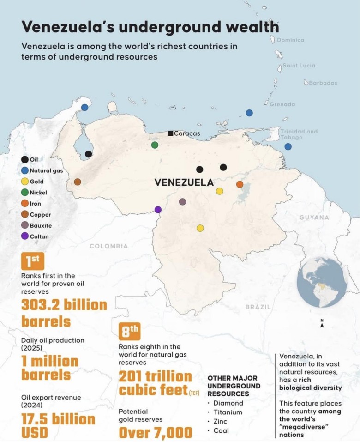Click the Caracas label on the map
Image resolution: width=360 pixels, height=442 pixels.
coord(187,133)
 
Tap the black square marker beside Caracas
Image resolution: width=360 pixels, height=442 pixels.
coord(170,133)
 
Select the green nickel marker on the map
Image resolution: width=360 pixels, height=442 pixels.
coord(155,145)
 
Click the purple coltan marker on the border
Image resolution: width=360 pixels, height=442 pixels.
coord(158,210)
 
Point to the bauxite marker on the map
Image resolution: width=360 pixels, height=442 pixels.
coord(182,202)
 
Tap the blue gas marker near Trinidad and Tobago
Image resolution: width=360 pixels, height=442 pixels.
coord(288,146)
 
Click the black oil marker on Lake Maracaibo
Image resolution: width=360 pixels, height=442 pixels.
coord(88,154)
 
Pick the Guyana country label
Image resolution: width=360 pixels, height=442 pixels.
coord(314,217)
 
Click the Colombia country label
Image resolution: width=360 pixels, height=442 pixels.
coord(108,246)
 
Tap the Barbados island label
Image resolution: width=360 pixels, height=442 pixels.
coord(322,83)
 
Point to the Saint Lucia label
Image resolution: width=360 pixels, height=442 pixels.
coord(299,66)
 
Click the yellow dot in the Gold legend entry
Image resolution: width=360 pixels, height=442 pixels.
coord(24,182)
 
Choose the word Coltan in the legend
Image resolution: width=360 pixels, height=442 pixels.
coord(39,236)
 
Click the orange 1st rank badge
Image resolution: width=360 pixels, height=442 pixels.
coord(33,261)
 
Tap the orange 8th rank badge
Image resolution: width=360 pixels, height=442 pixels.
coord(130,331)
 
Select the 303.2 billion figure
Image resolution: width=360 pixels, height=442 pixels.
coord(64,305)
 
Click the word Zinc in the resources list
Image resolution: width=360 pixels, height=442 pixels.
coord(221,421)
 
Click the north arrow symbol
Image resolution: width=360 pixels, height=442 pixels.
coord(322,324)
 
